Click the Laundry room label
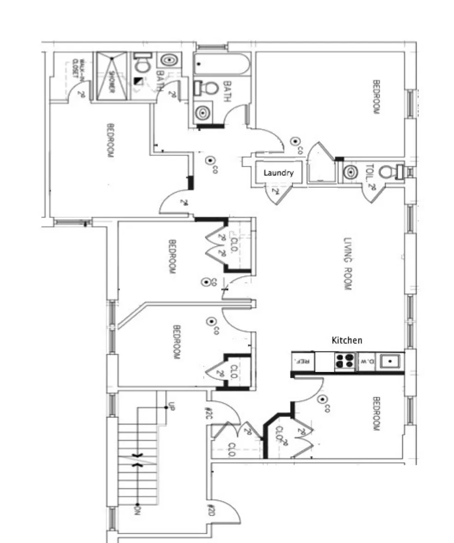(278, 173)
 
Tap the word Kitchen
(346, 340)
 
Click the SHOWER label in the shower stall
(111, 76)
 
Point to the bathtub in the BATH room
(221, 65)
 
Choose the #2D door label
(210, 510)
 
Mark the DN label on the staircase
(137, 510)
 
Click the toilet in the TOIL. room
(389, 172)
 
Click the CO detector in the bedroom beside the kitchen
(323, 400)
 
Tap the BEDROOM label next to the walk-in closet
(110, 140)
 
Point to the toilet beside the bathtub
(209, 88)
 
